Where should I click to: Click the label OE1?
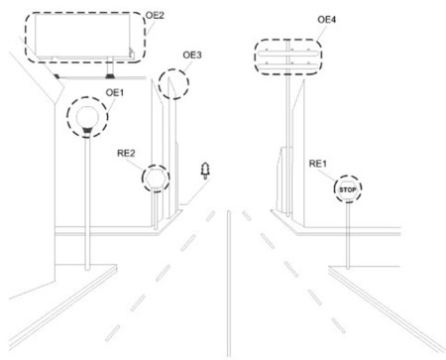click(115, 92)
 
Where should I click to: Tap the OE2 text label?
click(156, 16)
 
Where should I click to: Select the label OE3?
click(192, 55)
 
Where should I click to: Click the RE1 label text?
click(318, 163)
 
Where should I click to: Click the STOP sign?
click(347, 187)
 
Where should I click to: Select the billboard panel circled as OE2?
click(83, 38)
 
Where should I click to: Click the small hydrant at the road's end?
click(205, 172)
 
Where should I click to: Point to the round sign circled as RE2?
click(156, 180)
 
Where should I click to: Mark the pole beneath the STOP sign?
click(348, 234)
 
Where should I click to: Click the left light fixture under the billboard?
click(61, 73)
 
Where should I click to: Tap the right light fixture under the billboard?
click(110, 73)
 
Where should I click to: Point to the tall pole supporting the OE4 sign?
click(289, 139)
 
